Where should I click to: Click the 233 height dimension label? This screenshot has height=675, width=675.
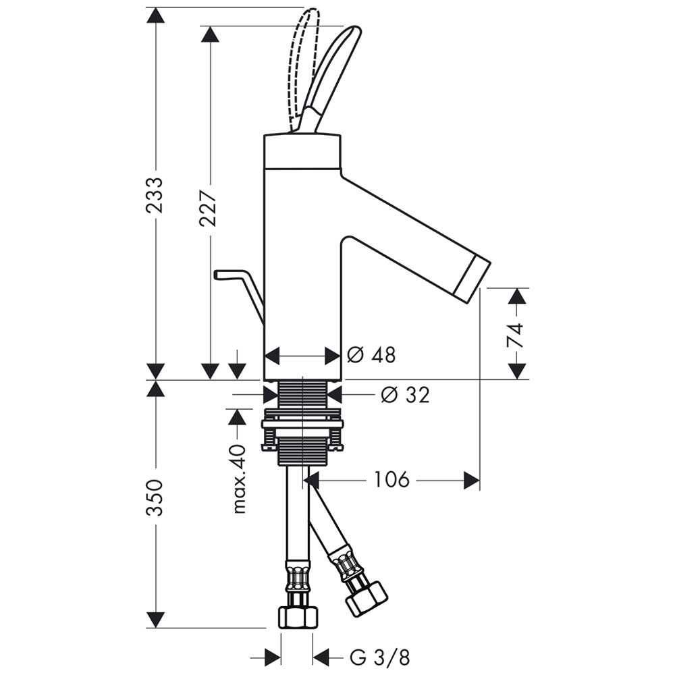(155, 196)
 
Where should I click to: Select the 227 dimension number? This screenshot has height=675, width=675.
(210, 207)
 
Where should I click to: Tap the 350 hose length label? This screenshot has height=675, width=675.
(155, 497)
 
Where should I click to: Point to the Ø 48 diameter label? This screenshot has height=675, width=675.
(371, 355)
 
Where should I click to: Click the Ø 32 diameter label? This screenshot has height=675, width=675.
(404, 395)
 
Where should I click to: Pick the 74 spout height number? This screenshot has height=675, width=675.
(516, 334)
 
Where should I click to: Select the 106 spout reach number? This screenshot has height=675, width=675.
(391, 480)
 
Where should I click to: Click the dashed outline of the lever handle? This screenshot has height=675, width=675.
(302, 61)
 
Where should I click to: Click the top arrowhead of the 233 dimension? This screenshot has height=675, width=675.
(156, 15)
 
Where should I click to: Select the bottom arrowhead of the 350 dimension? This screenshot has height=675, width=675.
(156, 620)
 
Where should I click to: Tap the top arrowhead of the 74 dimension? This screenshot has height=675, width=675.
(517, 296)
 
